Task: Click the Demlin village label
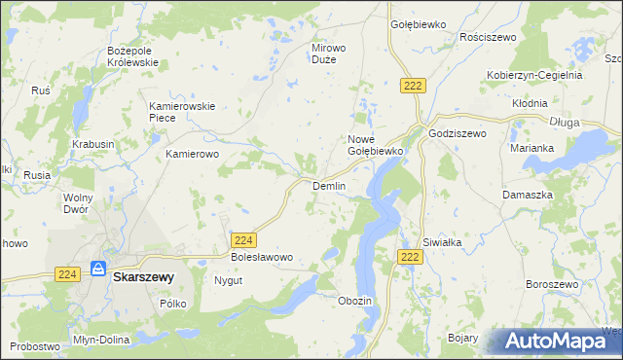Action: (328, 186)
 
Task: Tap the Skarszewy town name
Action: (143, 277)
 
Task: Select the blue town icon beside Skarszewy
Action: (98, 268)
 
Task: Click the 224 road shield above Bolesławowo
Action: (244, 239)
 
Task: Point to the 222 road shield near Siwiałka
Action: (410, 256)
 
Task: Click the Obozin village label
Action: (354, 301)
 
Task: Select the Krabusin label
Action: (93, 144)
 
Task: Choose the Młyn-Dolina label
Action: (101, 340)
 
